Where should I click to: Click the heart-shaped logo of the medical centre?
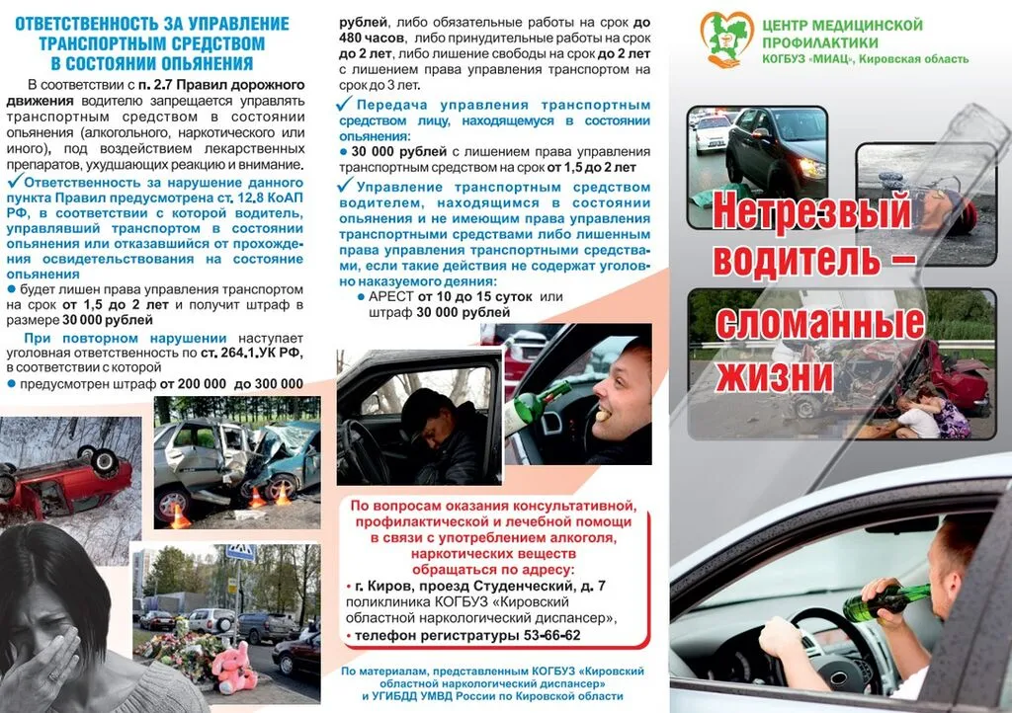pos(726,38)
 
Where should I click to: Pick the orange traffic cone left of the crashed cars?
pos(179,514)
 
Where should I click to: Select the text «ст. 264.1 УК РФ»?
pos(251,353)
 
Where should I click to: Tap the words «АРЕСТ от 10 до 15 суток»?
pos(450,296)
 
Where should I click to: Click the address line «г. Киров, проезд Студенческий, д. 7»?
pos(480,586)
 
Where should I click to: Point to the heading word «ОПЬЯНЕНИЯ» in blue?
pos(197,64)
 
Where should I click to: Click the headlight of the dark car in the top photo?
pos(810,168)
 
